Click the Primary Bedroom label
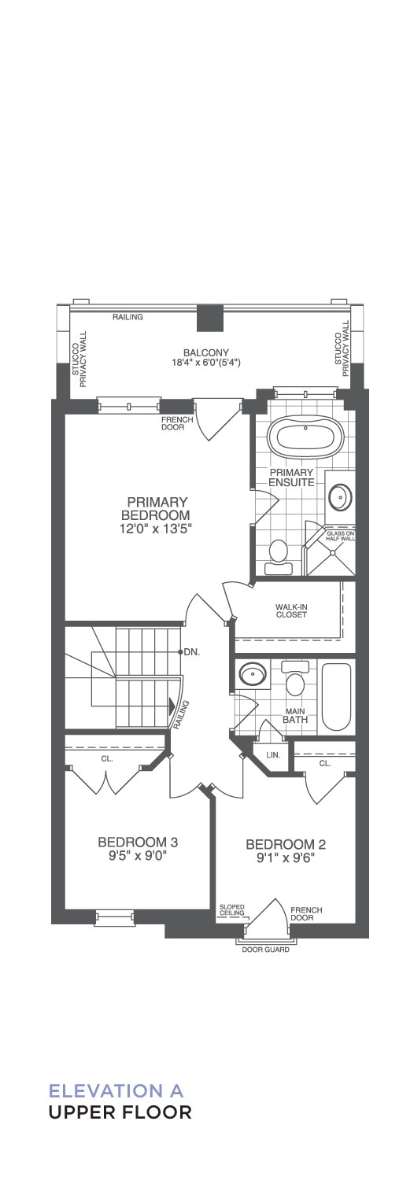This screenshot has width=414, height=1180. (155, 508)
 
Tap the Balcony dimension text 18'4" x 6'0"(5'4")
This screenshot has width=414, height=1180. (205, 363)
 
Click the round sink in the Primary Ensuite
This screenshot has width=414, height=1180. (340, 496)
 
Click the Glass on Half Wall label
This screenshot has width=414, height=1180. (340, 535)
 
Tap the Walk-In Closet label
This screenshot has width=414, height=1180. (290, 610)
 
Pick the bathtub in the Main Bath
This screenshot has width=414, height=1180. (337, 697)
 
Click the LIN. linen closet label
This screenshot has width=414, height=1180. (273, 754)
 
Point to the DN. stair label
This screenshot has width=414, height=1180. (192, 652)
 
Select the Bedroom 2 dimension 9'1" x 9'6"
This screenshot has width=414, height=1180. (286, 857)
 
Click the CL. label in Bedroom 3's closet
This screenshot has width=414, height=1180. (107, 759)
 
